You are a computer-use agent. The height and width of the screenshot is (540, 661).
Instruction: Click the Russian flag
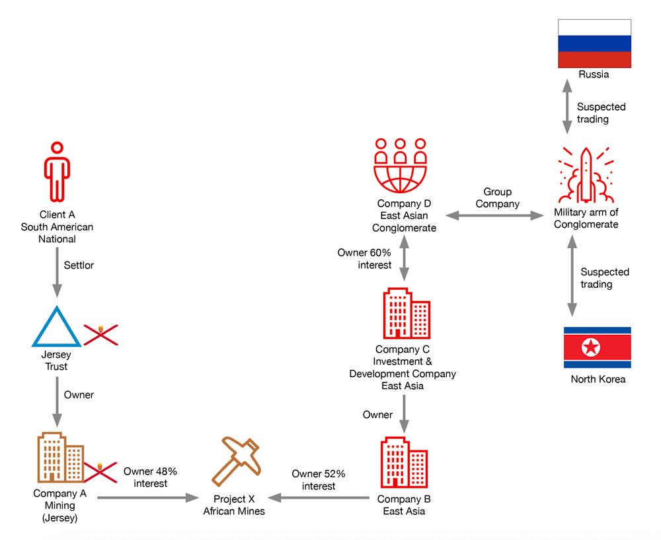(x=594, y=43)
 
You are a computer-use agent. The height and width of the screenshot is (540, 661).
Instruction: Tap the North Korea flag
(x=597, y=347)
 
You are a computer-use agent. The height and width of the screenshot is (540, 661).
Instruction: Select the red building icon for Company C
(x=406, y=314)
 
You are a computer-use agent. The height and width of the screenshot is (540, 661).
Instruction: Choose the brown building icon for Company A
(x=59, y=458)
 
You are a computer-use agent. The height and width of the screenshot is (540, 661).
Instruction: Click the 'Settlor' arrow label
(x=79, y=265)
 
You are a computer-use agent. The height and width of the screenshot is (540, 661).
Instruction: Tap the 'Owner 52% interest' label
(x=319, y=480)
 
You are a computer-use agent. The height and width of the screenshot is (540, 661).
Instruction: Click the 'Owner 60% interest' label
(x=365, y=259)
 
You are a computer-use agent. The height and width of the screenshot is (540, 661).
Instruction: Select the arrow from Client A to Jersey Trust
(x=57, y=272)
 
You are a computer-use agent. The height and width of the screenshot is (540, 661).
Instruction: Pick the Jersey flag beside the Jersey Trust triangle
(x=100, y=334)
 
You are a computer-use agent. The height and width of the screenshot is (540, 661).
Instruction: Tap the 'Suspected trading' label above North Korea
(x=605, y=278)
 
